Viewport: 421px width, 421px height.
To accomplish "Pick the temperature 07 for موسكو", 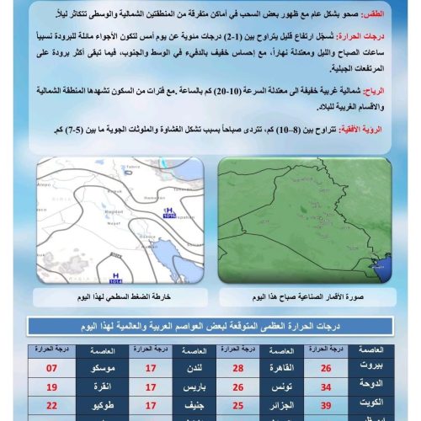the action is (51, 368).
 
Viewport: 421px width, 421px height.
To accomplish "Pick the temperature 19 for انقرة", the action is (51, 386).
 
